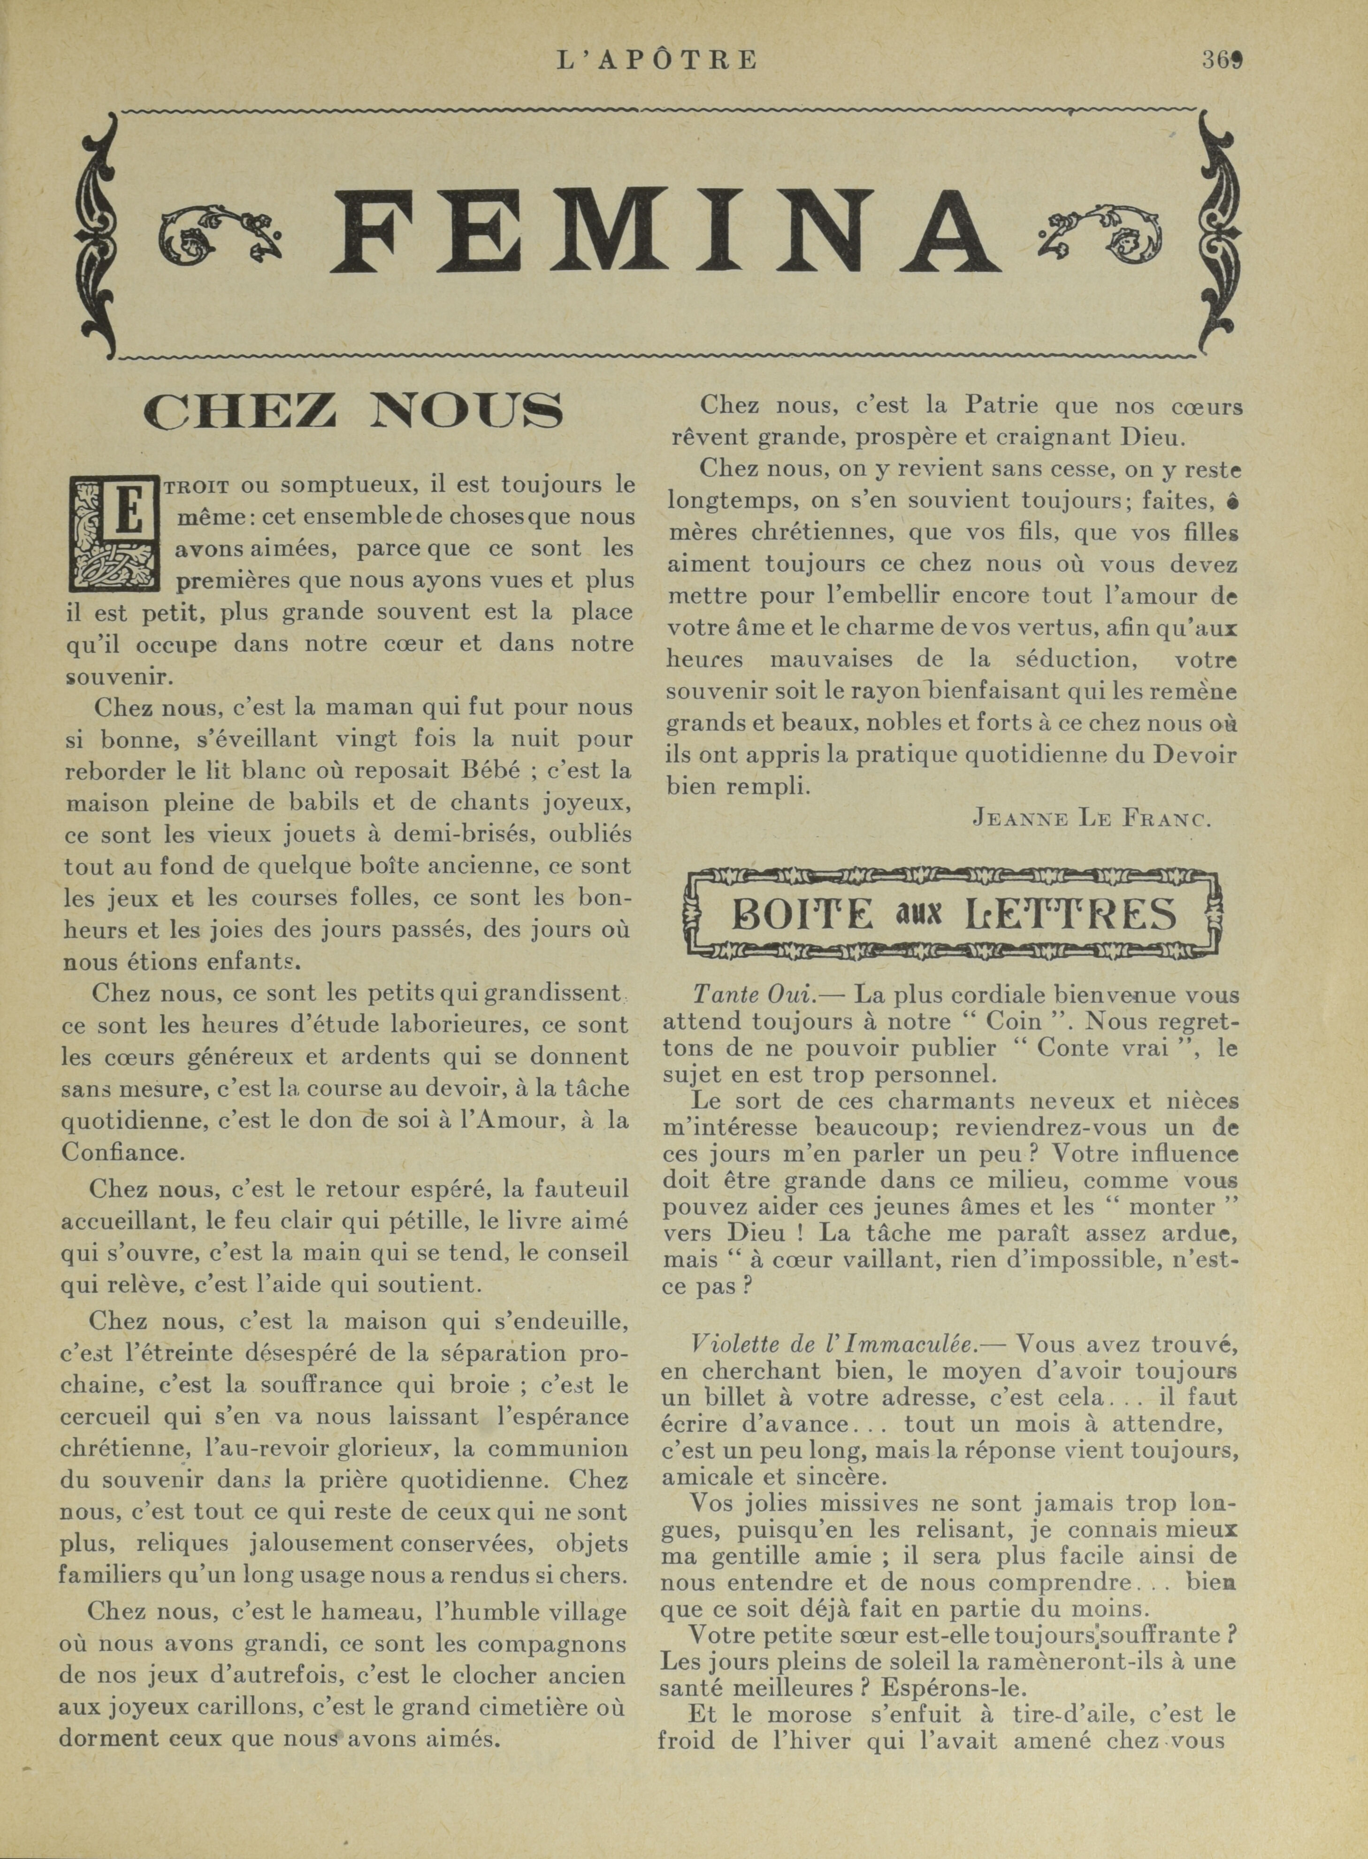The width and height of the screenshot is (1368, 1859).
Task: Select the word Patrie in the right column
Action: [1001, 406]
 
